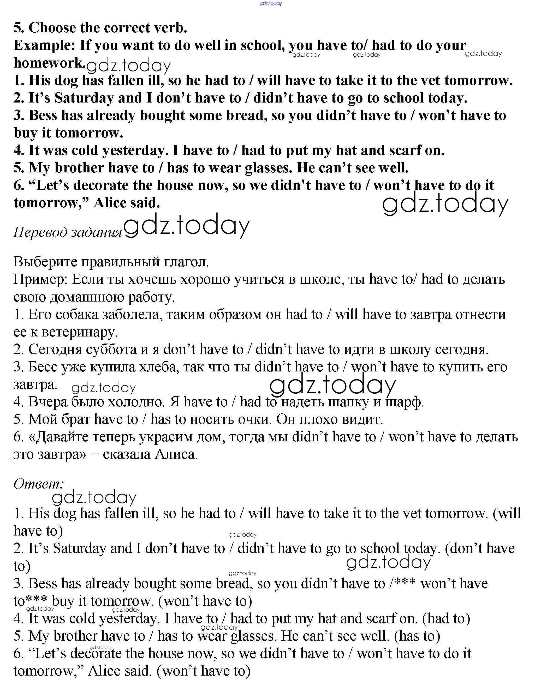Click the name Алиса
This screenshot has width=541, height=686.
click(176, 455)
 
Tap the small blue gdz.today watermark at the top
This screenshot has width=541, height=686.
click(270, 3)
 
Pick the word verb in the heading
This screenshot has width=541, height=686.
click(170, 28)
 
